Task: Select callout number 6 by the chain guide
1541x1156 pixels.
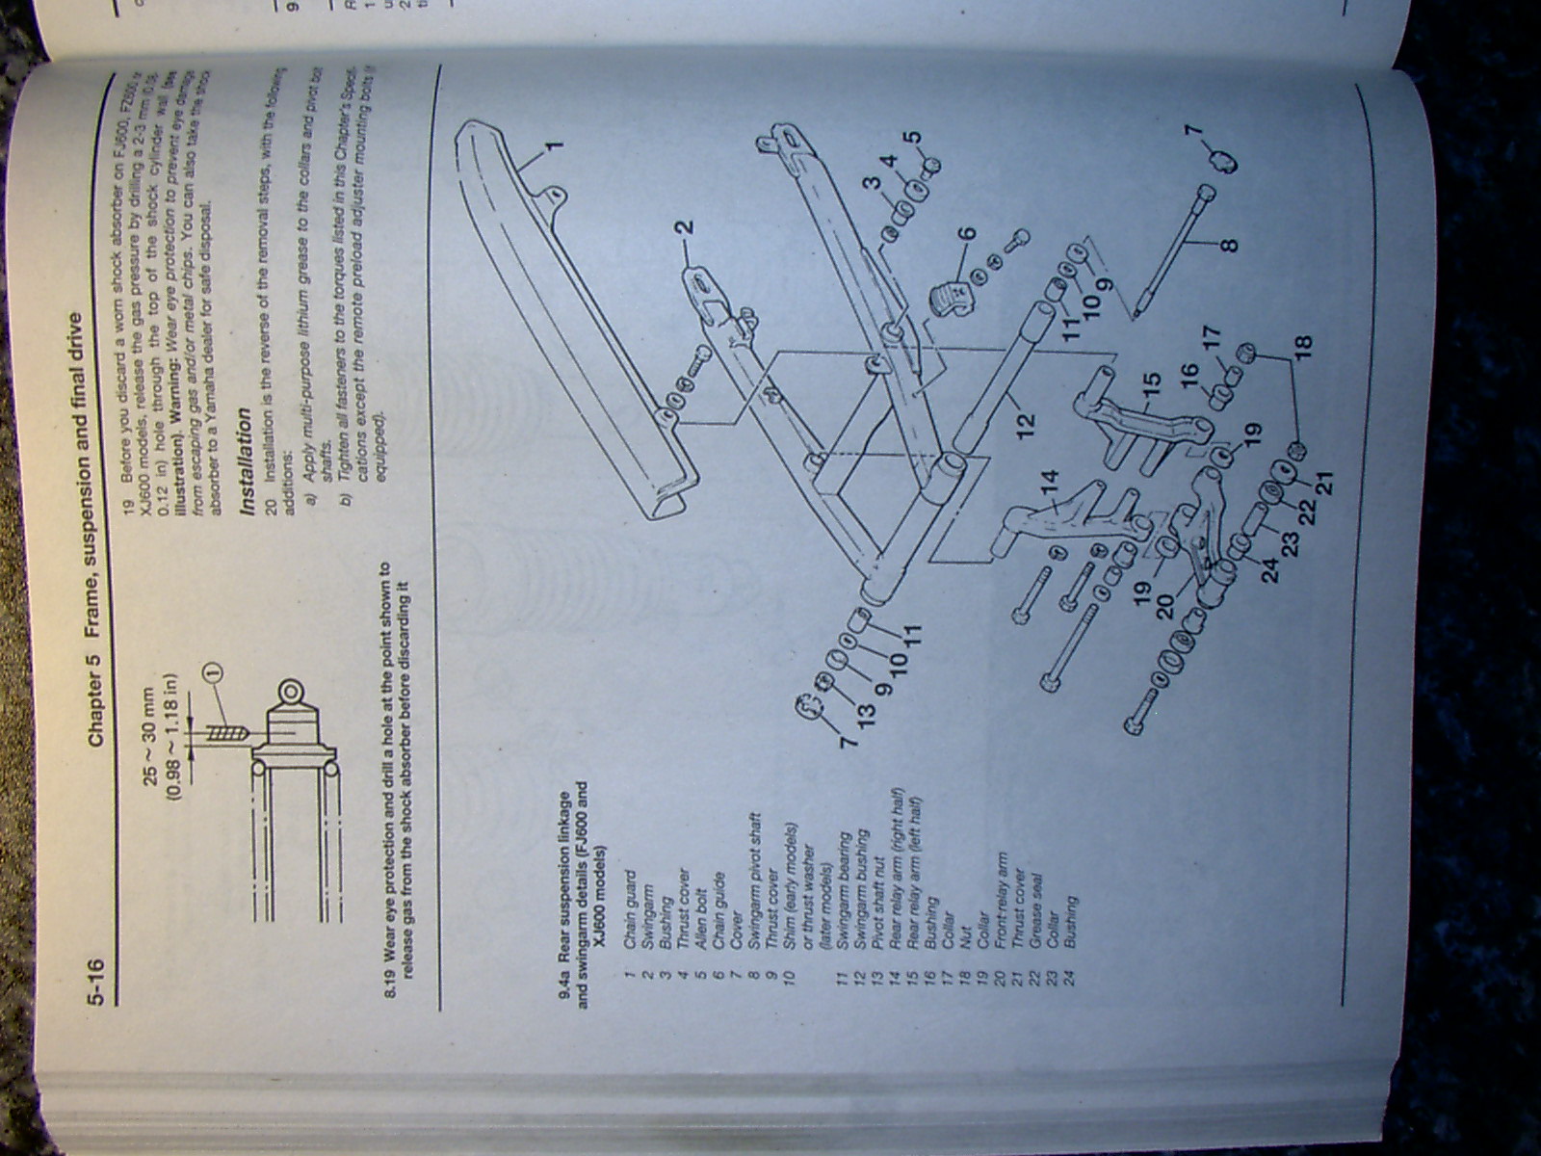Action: pyautogui.click(x=966, y=233)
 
